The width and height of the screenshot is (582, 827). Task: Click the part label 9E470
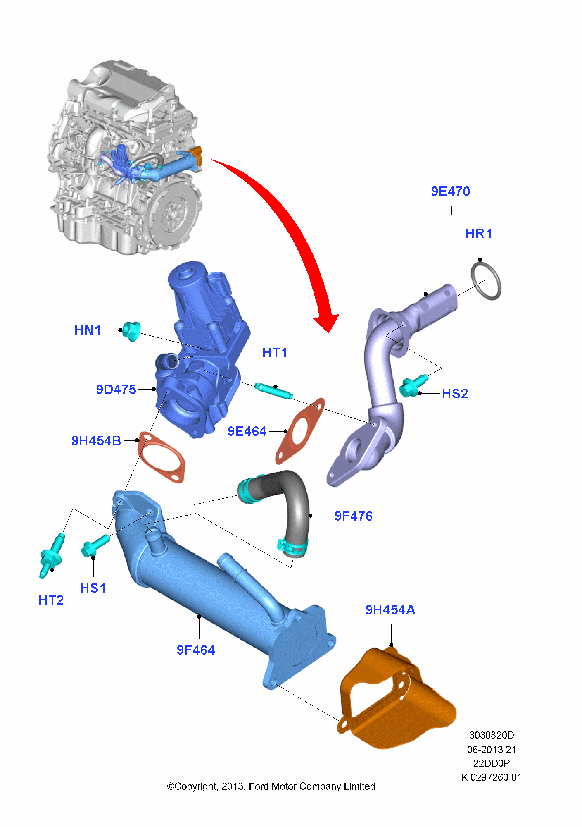450,191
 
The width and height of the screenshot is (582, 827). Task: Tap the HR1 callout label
478,234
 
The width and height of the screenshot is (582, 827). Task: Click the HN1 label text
88,330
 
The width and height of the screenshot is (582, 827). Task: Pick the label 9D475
116,390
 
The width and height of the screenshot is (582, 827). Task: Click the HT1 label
275,353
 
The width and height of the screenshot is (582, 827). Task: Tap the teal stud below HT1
273,391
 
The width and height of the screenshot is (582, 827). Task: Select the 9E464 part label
247,431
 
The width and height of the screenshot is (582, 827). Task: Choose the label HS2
455,394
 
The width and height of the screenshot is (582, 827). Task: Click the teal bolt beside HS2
411,386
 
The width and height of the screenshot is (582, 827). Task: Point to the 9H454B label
96,441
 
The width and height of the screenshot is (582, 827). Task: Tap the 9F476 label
353,516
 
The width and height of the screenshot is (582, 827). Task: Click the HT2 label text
51,600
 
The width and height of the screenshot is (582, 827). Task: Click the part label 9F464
196,650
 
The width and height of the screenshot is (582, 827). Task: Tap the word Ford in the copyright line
259,786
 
